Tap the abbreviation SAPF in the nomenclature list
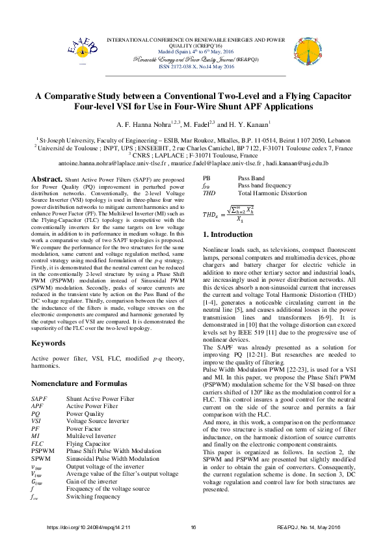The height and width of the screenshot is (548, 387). tap(38, 398)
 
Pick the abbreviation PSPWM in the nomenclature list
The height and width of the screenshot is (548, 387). tap(43, 450)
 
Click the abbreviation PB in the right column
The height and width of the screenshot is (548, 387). tap(207, 178)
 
